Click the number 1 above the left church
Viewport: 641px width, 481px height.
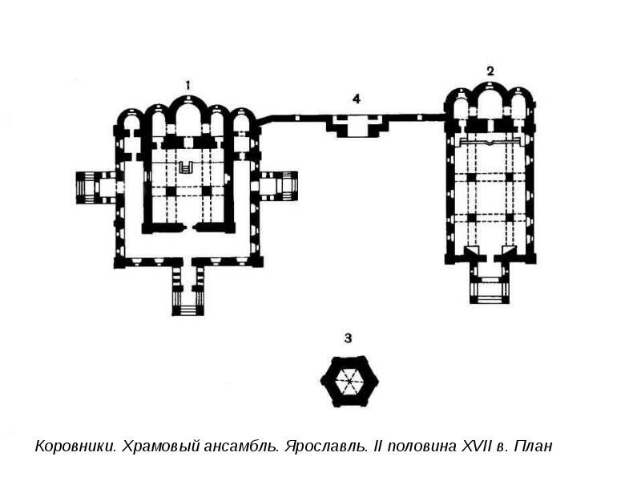[x=187, y=85]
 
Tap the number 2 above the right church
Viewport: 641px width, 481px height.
[x=490, y=71]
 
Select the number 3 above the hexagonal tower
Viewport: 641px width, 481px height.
[x=349, y=338]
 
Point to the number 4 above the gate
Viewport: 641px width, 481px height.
[x=357, y=99]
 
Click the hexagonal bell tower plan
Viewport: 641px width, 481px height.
[x=349, y=382]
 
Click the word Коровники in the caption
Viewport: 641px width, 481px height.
[x=75, y=446]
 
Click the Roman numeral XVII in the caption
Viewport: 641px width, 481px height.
[x=469, y=446]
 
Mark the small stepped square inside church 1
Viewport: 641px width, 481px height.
[x=187, y=168]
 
